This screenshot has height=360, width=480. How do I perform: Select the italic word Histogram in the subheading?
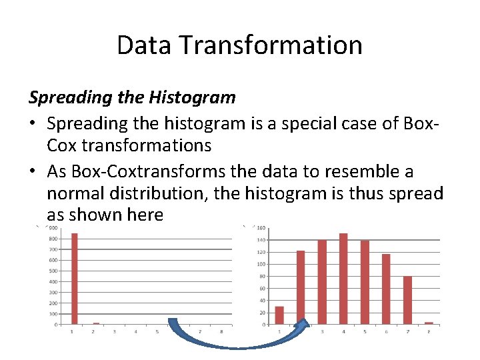194,97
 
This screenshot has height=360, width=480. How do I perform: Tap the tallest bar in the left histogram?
75,279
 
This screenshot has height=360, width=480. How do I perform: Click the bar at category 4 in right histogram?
343,279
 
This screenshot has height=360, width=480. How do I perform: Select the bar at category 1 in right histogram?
279,315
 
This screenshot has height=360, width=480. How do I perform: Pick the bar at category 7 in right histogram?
407,300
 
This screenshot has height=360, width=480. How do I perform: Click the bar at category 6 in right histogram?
386,289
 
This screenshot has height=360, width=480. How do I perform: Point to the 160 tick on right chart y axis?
261,228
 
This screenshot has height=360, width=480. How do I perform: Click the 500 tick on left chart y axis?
52,271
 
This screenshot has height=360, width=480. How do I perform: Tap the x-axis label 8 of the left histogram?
221,331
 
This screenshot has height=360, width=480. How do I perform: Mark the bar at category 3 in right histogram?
322,282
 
